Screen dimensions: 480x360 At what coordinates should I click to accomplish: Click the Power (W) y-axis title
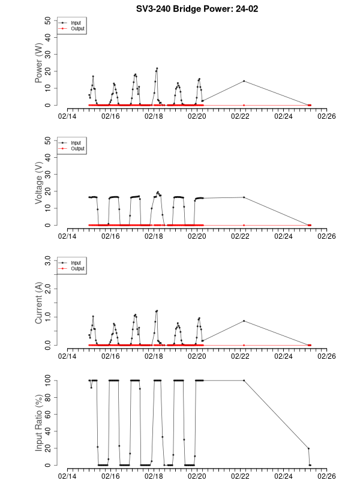39,64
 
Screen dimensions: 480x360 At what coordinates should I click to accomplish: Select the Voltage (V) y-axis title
39,184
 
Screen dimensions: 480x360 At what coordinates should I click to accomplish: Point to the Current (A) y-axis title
39,304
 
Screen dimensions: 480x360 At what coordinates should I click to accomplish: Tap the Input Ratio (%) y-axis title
39,422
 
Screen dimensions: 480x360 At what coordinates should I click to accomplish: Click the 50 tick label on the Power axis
49,20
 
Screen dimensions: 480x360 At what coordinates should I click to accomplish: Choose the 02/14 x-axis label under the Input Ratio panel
67,476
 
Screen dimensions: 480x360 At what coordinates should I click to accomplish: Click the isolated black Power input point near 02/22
244,81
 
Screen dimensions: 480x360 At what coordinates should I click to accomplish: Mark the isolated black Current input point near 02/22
244,321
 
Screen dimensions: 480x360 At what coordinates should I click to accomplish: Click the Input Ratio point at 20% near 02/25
308,448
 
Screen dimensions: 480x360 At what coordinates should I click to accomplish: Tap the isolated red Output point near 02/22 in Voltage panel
244,225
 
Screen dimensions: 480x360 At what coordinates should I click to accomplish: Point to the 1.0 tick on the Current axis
47,317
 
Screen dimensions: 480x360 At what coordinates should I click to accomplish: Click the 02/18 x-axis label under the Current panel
154,356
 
